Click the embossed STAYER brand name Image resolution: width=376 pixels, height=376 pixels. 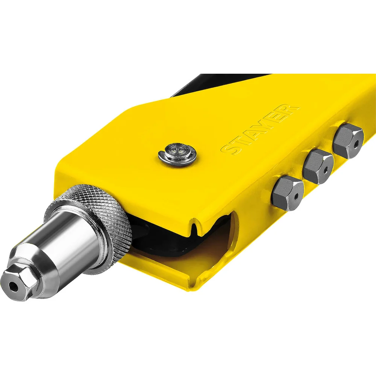coord(260,129)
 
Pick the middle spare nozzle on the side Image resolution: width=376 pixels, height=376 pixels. coord(318,166)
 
